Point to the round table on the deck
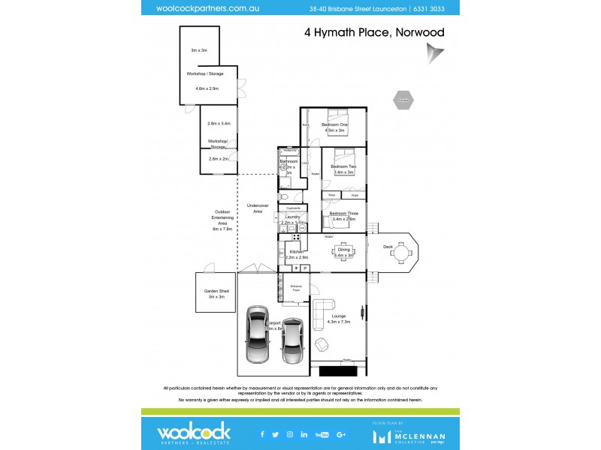point(400,253)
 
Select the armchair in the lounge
point(322,344)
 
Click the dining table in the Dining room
point(343,250)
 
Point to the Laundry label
point(291,217)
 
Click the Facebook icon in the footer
point(262,433)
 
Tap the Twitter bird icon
point(276,433)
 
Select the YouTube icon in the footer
point(322,433)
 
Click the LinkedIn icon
point(304,433)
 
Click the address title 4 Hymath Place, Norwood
point(374,32)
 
